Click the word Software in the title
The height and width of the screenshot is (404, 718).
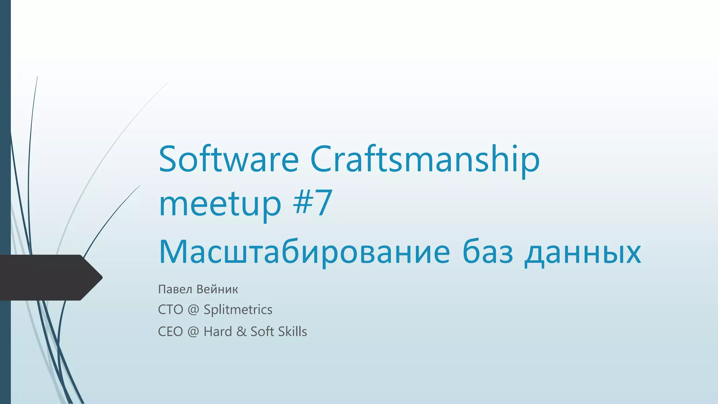[229, 160]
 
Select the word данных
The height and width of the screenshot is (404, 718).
[583, 252]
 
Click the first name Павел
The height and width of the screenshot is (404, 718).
[175, 289]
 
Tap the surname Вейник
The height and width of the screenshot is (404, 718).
[217, 289]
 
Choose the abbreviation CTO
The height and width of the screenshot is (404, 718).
[170, 310]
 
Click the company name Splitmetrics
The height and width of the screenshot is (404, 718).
[238, 310]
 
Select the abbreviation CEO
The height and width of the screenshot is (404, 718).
[170, 331]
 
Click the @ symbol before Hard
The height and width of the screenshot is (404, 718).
[193, 332]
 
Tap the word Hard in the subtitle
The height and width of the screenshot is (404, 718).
[218, 331]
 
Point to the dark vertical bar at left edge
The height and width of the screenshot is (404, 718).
[5, 140]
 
